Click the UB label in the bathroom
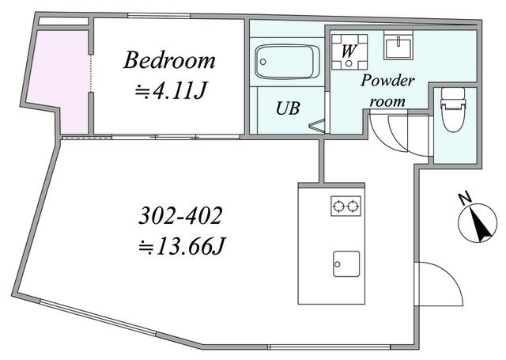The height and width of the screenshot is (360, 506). coord(287,109)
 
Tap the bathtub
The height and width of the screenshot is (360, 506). coord(288,61)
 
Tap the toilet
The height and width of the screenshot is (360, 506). coord(454,111)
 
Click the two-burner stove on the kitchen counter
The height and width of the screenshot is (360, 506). coord(346,206)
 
